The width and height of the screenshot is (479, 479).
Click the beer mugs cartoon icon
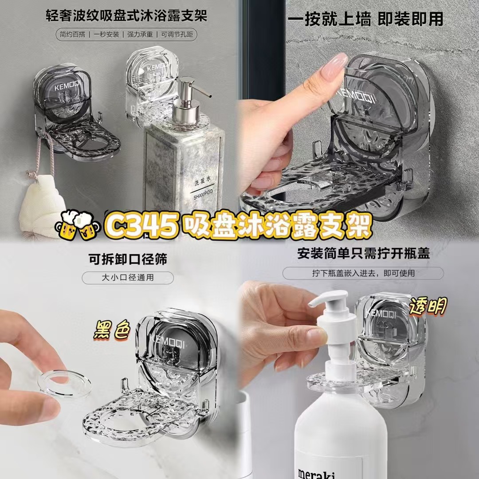(78, 224)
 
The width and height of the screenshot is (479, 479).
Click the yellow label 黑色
(112, 330)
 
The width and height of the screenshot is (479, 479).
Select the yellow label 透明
(428, 306)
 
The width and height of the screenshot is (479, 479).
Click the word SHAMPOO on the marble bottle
(203, 193)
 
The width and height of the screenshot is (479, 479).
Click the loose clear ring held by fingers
(65, 383)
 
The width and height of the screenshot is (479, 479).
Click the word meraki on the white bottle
(317, 472)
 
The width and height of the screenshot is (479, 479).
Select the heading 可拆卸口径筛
(128, 259)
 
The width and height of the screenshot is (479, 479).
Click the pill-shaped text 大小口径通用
(128, 278)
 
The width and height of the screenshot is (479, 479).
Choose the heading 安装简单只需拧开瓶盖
(364, 253)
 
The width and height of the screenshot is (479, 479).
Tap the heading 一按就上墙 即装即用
(365, 19)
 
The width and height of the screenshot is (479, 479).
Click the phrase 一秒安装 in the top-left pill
(106, 35)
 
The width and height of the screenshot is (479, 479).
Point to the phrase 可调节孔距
(177, 35)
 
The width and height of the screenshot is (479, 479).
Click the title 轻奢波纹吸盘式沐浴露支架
(126, 15)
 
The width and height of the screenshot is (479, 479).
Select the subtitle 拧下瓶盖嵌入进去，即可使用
(363, 273)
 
